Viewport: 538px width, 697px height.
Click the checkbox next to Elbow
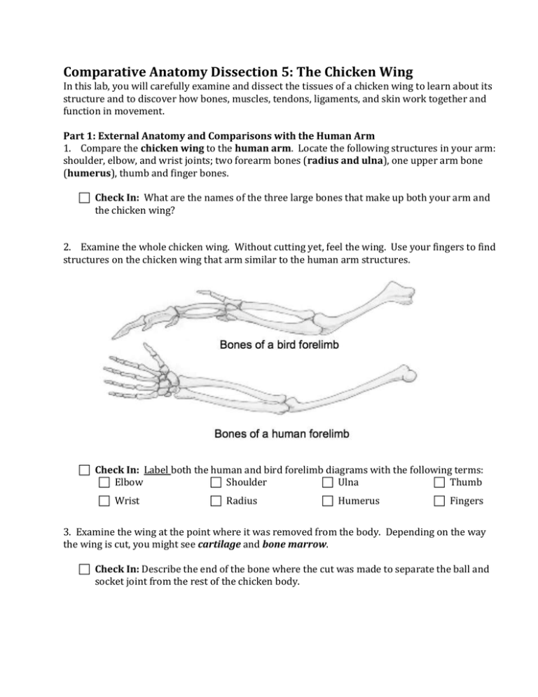(104, 482)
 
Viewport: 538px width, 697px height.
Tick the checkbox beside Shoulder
(216, 482)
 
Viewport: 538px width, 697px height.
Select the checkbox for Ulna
(328, 482)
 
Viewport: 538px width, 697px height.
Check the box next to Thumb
(439, 482)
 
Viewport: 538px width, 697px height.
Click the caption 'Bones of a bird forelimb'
(281, 344)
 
